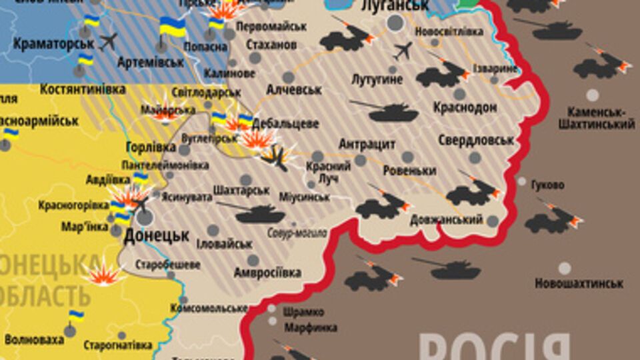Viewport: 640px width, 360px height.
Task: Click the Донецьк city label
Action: tap(157, 235)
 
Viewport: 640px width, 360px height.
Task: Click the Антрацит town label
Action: tap(367, 145)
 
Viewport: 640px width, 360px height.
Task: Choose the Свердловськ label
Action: tap(476, 141)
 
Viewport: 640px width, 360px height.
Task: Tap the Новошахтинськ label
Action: tap(579, 283)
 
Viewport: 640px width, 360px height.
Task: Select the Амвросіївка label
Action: tap(267, 273)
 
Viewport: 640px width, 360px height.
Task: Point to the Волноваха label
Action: tap(33, 340)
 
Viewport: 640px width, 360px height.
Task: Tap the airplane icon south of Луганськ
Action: tap(403, 50)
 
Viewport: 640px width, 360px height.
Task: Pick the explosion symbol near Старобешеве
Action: tap(104, 273)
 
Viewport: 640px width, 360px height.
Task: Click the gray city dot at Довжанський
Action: tap(493, 221)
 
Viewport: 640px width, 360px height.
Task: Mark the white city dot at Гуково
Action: tap(521, 181)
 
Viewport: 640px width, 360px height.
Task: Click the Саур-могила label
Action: tap(297, 233)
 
